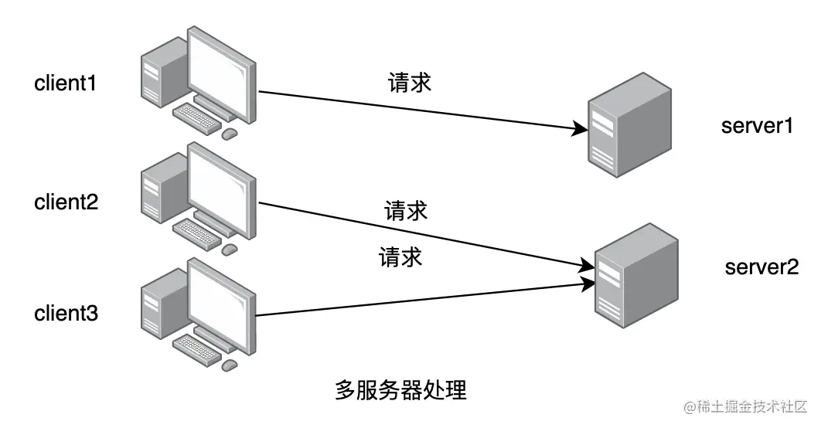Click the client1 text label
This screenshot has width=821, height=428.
(66, 83)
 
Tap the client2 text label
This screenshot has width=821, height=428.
(66, 202)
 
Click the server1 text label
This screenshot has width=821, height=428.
(757, 126)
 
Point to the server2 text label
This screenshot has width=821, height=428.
(761, 267)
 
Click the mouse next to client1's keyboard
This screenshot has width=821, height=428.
(229, 134)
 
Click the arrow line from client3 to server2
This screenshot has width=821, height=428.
(417, 300)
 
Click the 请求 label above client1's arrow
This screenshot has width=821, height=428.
(409, 83)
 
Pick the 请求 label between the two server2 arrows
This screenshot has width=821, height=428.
(400, 256)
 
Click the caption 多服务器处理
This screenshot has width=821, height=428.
(400, 389)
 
